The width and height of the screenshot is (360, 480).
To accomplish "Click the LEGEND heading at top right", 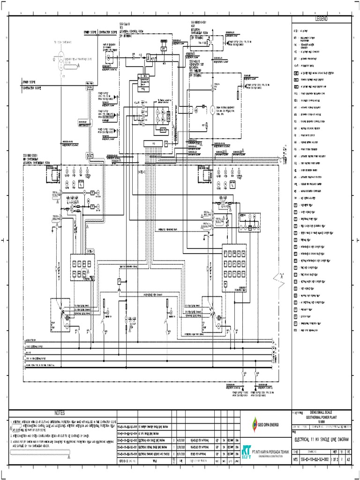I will [x=321, y=18].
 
